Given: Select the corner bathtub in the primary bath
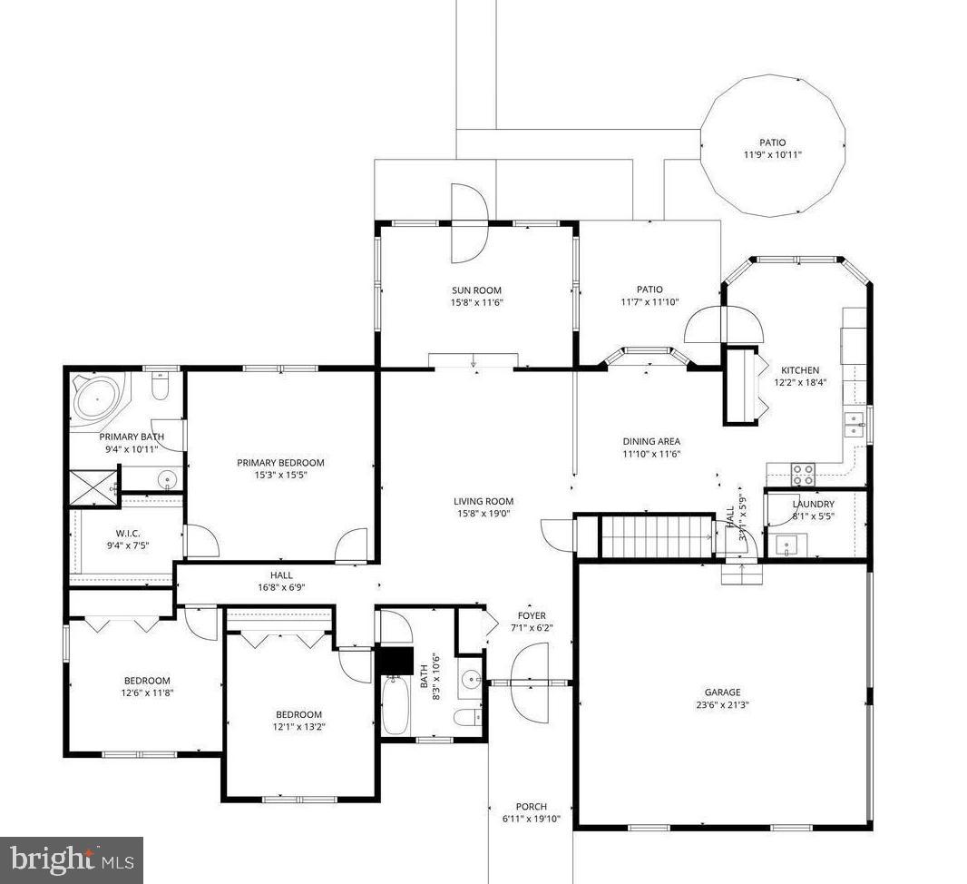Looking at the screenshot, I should [94, 400].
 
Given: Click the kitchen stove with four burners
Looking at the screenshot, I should [804, 471].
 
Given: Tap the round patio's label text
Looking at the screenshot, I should [772, 142].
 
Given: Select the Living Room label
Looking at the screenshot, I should [483, 501].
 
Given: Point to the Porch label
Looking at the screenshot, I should [531, 806].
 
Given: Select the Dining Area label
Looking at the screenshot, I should [650, 442].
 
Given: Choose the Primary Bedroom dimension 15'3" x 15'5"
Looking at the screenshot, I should [280, 475].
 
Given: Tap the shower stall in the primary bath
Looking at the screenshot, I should [93, 487].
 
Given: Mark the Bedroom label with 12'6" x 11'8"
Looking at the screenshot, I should [147, 681].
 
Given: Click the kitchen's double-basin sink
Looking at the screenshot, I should [854, 423].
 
